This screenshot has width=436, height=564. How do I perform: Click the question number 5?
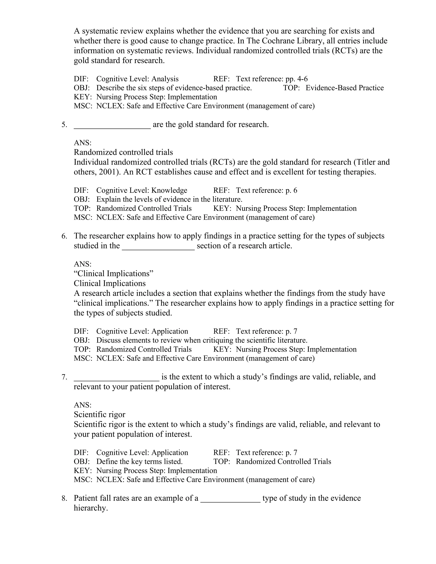pyautogui.click(x=64, y=125)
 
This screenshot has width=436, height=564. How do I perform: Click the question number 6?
pyautogui.click(x=64, y=236)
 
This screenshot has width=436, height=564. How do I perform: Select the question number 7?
pyautogui.click(x=64, y=377)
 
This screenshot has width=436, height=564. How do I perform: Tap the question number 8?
pyautogui.click(x=64, y=498)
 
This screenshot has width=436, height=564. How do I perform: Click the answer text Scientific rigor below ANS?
pyautogui.click(x=99, y=414)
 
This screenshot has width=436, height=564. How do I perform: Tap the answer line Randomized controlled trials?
pyautogui.click(x=123, y=152)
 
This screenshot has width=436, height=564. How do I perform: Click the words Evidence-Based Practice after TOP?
pyautogui.click(x=345, y=88)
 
